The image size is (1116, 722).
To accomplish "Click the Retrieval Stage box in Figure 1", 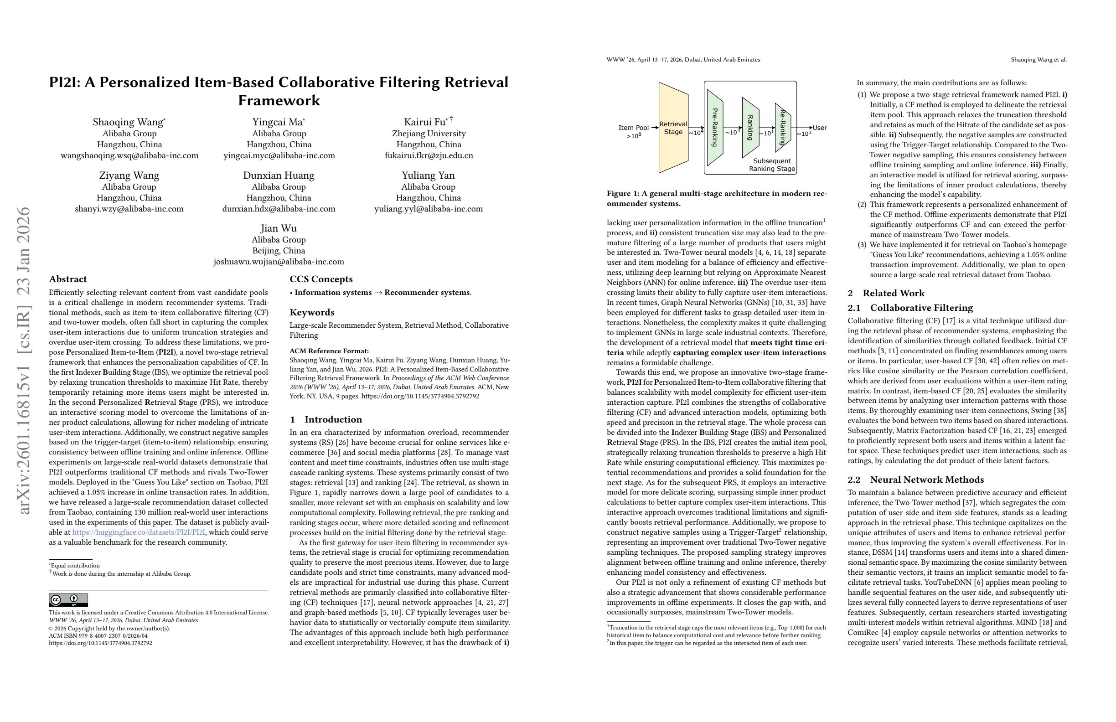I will (x=673, y=128).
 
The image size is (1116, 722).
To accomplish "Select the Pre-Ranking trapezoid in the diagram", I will (x=715, y=128).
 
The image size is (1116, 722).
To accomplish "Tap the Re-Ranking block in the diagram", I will (x=783, y=128).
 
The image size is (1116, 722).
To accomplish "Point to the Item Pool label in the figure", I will (x=634, y=128).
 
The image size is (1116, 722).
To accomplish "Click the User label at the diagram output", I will (x=820, y=128).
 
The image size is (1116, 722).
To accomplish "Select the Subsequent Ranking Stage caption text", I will (x=772, y=165).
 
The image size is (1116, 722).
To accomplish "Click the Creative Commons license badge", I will (x=68, y=600).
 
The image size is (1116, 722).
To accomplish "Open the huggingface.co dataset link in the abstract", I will (x=139, y=532).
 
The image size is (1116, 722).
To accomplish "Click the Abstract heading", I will (x=68, y=279).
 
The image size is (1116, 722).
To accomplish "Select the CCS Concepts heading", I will (x=321, y=279).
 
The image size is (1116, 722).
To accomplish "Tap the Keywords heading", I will (x=312, y=312).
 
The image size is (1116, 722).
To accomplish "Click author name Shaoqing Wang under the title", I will (x=128, y=122).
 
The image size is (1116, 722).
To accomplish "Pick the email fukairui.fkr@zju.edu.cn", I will (x=429, y=155).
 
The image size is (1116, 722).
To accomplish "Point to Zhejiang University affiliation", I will (x=429, y=134).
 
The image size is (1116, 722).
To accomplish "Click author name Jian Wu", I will (x=279, y=228).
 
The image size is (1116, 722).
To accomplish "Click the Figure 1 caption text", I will (x=717, y=198).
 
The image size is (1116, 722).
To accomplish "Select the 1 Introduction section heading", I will (x=326, y=419).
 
